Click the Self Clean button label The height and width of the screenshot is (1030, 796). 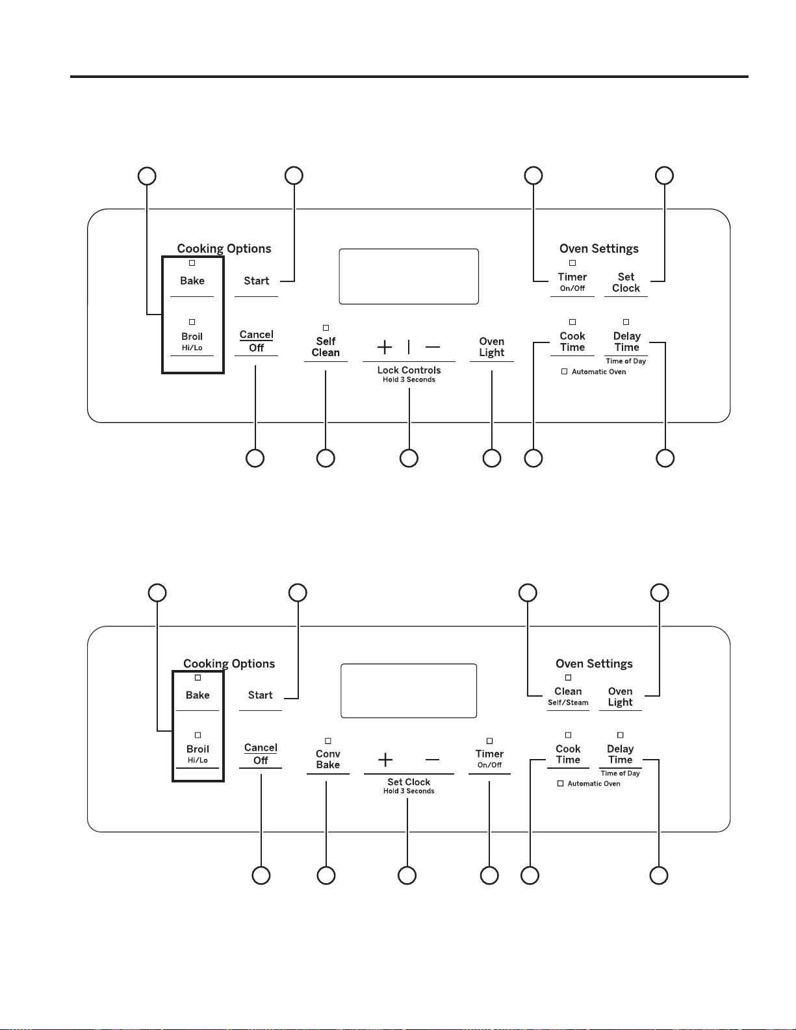(326, 347)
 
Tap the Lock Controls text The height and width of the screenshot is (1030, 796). (409, 370)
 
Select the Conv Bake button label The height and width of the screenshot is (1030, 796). (328, 759)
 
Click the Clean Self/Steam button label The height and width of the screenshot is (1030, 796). (568, 696)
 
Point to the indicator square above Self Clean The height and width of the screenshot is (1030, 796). (326, 328)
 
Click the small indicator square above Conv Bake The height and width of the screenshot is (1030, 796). (328, 741)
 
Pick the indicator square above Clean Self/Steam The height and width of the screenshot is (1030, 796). (568, 678)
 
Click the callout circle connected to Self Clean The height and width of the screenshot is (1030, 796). (326, 458)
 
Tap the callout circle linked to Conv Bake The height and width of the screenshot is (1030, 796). (326, 875)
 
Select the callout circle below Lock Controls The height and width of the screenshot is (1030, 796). (409, 458)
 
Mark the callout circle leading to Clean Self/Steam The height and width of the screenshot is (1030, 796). (528, 593)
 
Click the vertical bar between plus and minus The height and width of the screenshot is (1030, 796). (409, 347)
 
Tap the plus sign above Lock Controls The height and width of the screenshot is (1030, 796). (385, 347)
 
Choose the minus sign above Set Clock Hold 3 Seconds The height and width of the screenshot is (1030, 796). (432, 760)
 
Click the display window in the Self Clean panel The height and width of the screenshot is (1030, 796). (409, 276)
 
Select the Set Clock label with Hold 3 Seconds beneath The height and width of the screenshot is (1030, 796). (409, 782)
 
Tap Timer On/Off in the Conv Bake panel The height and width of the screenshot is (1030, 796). (489, 759)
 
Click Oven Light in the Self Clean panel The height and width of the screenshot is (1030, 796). (492, 347)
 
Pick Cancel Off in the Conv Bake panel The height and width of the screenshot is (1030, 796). (261, 754)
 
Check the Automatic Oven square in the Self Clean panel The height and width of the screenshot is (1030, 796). (564, 372)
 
